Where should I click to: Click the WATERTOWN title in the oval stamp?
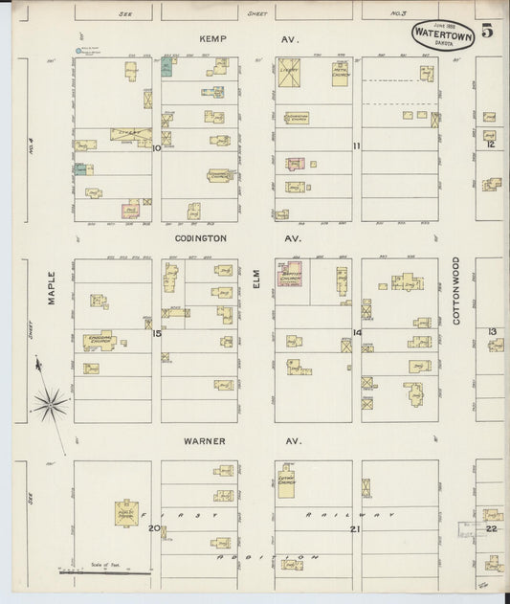[443, 34]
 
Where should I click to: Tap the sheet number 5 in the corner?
[487, 31]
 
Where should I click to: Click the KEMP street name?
[212, 40]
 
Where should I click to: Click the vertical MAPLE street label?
[52, 286]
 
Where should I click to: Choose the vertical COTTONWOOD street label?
[456, 290]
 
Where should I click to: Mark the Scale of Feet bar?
[105, 573]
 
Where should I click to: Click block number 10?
[156, 147]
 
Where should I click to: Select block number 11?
[356, 146]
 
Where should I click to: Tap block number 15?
[155, 334]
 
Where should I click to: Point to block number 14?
[356, 333]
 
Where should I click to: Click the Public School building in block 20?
[128, 512]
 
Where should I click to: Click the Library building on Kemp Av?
[289, 73]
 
